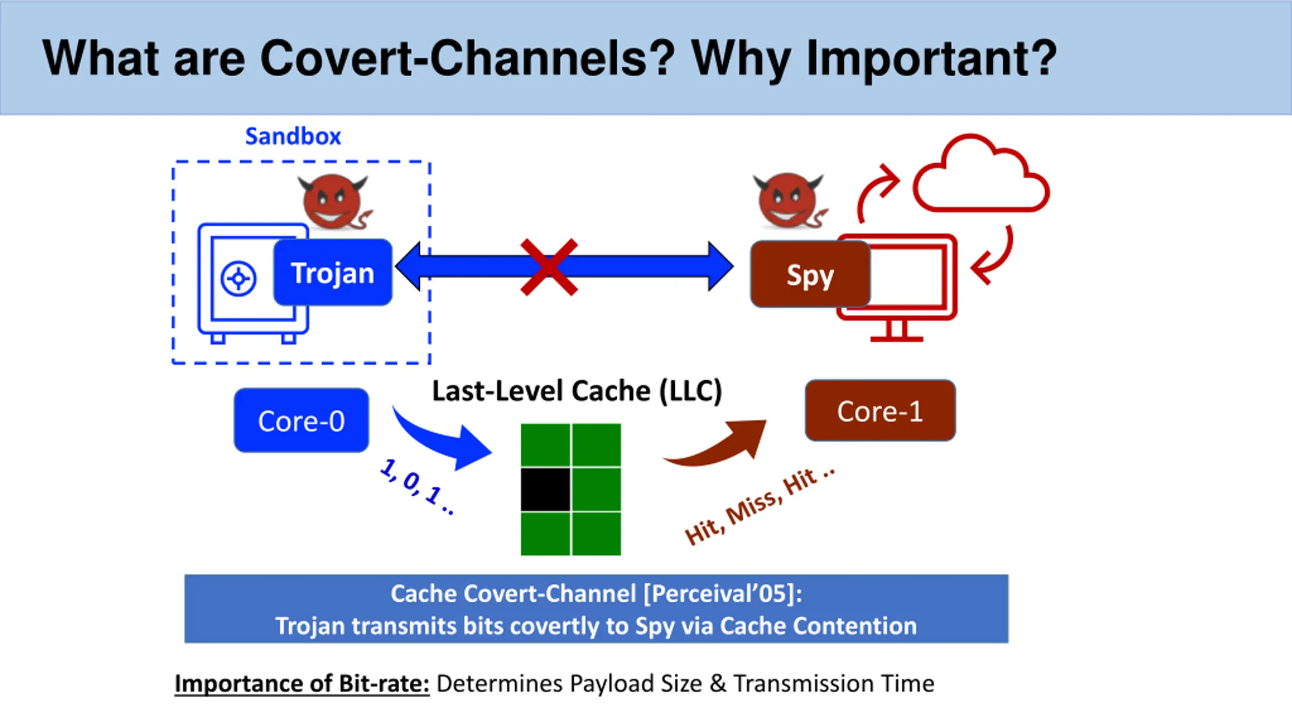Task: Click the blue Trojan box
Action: click(x=333, y=273)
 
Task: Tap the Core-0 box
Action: click(x=301, y=421)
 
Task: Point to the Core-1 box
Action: click(x=880, y=411)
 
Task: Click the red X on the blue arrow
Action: click(x=549, y=267)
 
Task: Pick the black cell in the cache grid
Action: click(x=546, y=489)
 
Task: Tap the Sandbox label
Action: click(x=293, y=136)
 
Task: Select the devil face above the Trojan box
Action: click(x=333, y=201)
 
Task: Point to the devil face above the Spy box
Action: click(x=789, y=200)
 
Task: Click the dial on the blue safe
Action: click(x=238, y=278)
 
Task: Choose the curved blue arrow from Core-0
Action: click(x=444, y=439)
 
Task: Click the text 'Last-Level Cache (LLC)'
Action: click(x=577, y=391)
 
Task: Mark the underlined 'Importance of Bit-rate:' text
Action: click(x=302, y=684)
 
